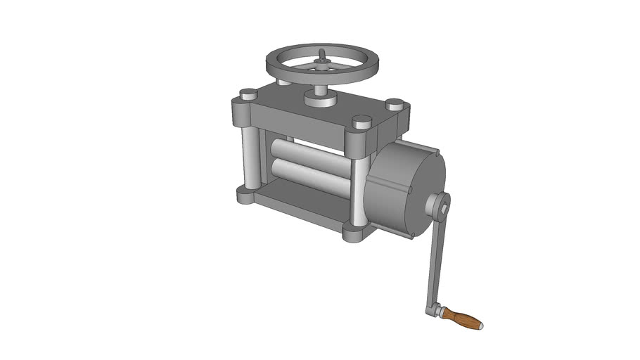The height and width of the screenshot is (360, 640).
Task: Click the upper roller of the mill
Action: point(309,152)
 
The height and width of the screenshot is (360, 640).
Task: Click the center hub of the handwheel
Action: point(322,65)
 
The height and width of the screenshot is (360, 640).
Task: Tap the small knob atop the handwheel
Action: point(322,54)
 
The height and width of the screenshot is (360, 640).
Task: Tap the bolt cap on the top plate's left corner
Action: point(248,94)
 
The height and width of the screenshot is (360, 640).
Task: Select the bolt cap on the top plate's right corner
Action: point(395,104)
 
